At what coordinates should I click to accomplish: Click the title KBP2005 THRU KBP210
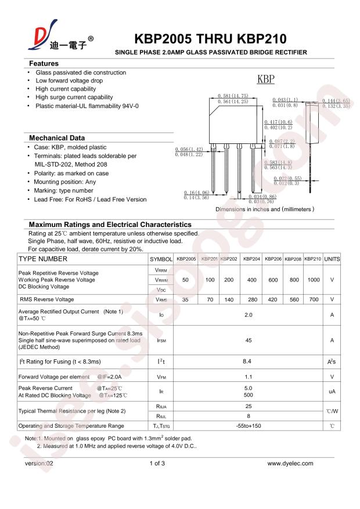click(x=210, y=39)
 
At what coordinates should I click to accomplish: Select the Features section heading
click(x=44, y=63)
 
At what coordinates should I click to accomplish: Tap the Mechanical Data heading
click(x=57, y=138)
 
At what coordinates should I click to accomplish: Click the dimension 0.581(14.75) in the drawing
click(x=233, y=96)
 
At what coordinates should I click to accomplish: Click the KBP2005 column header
click(x=186, y=259)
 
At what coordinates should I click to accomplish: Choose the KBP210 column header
click(x=312, y=259)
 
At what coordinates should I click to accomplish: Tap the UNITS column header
click(x=332, y=259)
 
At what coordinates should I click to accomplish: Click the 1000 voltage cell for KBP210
click(x=313, y=280)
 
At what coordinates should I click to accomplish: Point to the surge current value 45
click(x=249, y=341)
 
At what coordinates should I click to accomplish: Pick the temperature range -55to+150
click(x=249, y=426)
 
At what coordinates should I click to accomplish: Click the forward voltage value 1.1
click(x=249, y=377)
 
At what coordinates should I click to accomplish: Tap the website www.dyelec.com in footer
click(x=290, y=463)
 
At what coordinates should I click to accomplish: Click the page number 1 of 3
click(x=157, y=463)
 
